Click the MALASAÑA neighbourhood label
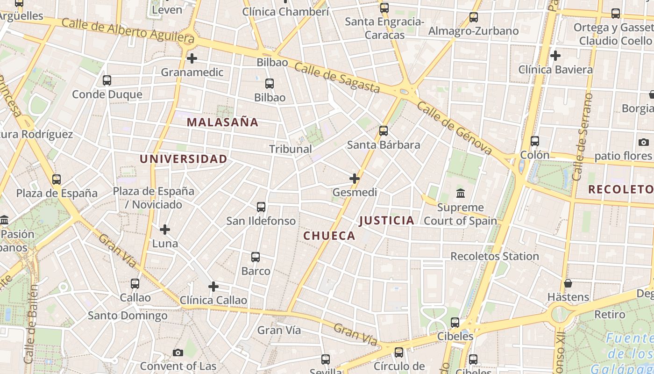pos(222,122)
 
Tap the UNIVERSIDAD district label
pos(184,159)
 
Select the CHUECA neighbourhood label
pos(329,236)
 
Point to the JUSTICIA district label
pos(387,220)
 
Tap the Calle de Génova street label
pos(455,128)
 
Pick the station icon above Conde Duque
pos(107,80)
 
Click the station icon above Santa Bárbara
pos(384,131)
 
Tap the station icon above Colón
pos(535,141)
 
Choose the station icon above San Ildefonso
pos(261,207)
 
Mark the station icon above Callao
pos(135,283)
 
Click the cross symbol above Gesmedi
pos(355,178)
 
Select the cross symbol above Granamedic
pos(192,58)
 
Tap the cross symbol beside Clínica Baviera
pos(555,56)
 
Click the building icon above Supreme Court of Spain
pos(461,193)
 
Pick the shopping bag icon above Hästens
pos(568,283)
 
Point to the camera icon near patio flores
pos(643,142)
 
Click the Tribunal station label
pos(291,149)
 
